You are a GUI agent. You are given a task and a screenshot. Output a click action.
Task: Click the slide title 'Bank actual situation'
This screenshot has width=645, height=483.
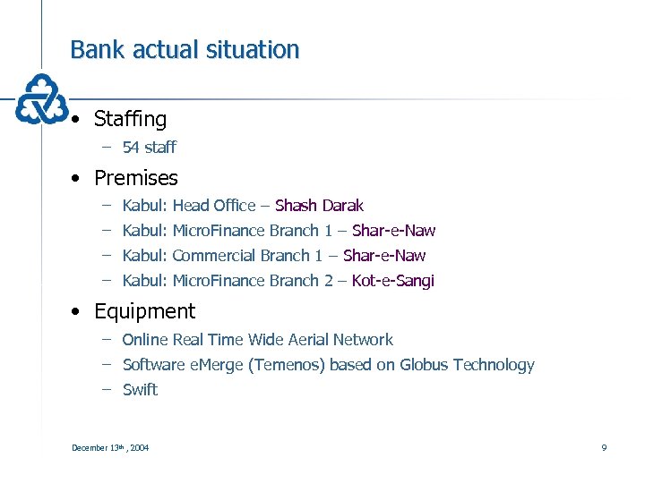pos(185,49)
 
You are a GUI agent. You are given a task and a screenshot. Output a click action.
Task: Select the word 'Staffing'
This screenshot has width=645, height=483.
pos(130,119)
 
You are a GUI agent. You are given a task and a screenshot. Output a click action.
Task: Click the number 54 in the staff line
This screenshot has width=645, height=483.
pos(132,147)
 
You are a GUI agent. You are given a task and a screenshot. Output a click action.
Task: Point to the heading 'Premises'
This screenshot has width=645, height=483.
pos(135,178)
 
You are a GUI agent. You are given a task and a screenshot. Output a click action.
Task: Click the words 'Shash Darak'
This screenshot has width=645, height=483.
pos(319,206)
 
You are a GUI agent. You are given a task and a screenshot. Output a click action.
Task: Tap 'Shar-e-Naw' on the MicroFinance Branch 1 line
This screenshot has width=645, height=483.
pos(393,231)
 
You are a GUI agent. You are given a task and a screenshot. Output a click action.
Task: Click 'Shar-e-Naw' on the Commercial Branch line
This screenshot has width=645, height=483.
pos(384,256)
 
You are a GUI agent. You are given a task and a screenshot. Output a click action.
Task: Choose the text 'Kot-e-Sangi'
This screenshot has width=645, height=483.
pos(392,281)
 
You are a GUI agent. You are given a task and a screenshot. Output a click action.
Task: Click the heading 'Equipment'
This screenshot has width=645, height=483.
pos(144,311)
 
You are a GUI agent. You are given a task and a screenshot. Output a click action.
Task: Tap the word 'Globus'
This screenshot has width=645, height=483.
pos(425,365)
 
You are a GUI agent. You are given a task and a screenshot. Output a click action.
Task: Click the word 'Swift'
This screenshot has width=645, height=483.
pos(140,390)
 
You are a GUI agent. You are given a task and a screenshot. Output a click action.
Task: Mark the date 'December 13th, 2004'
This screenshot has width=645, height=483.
pos(110,447)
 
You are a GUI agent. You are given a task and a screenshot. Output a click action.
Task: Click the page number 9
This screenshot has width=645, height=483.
pos(604,447)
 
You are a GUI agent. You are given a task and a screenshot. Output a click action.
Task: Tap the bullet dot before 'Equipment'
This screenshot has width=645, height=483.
pos(80,312)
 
